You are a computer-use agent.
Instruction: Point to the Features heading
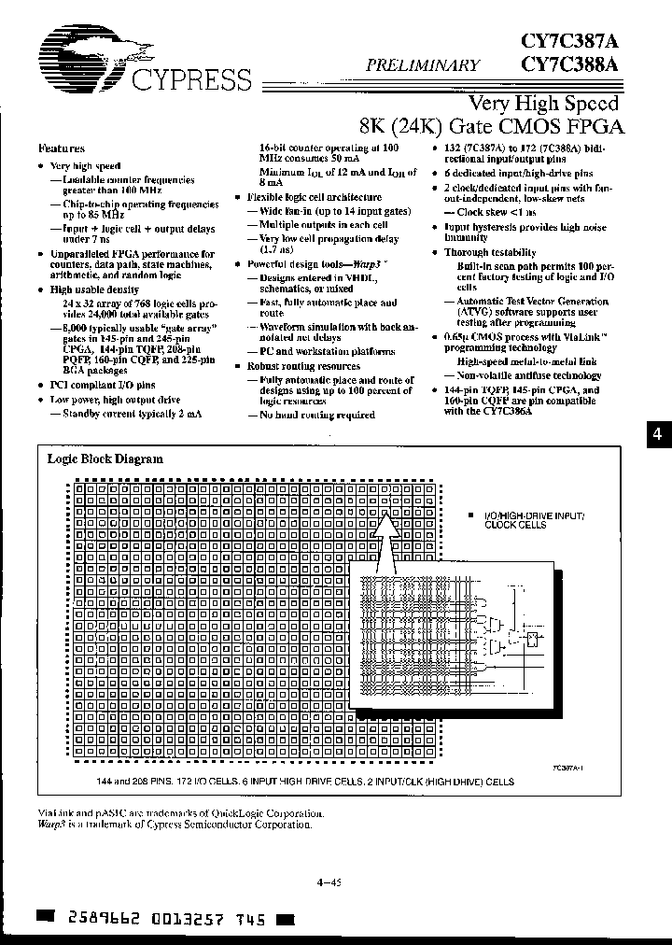(62, 148)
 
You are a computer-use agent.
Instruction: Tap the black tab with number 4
(659, 434)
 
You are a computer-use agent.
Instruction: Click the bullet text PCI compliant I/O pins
(103, 385)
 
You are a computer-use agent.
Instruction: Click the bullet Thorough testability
(489, 253)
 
